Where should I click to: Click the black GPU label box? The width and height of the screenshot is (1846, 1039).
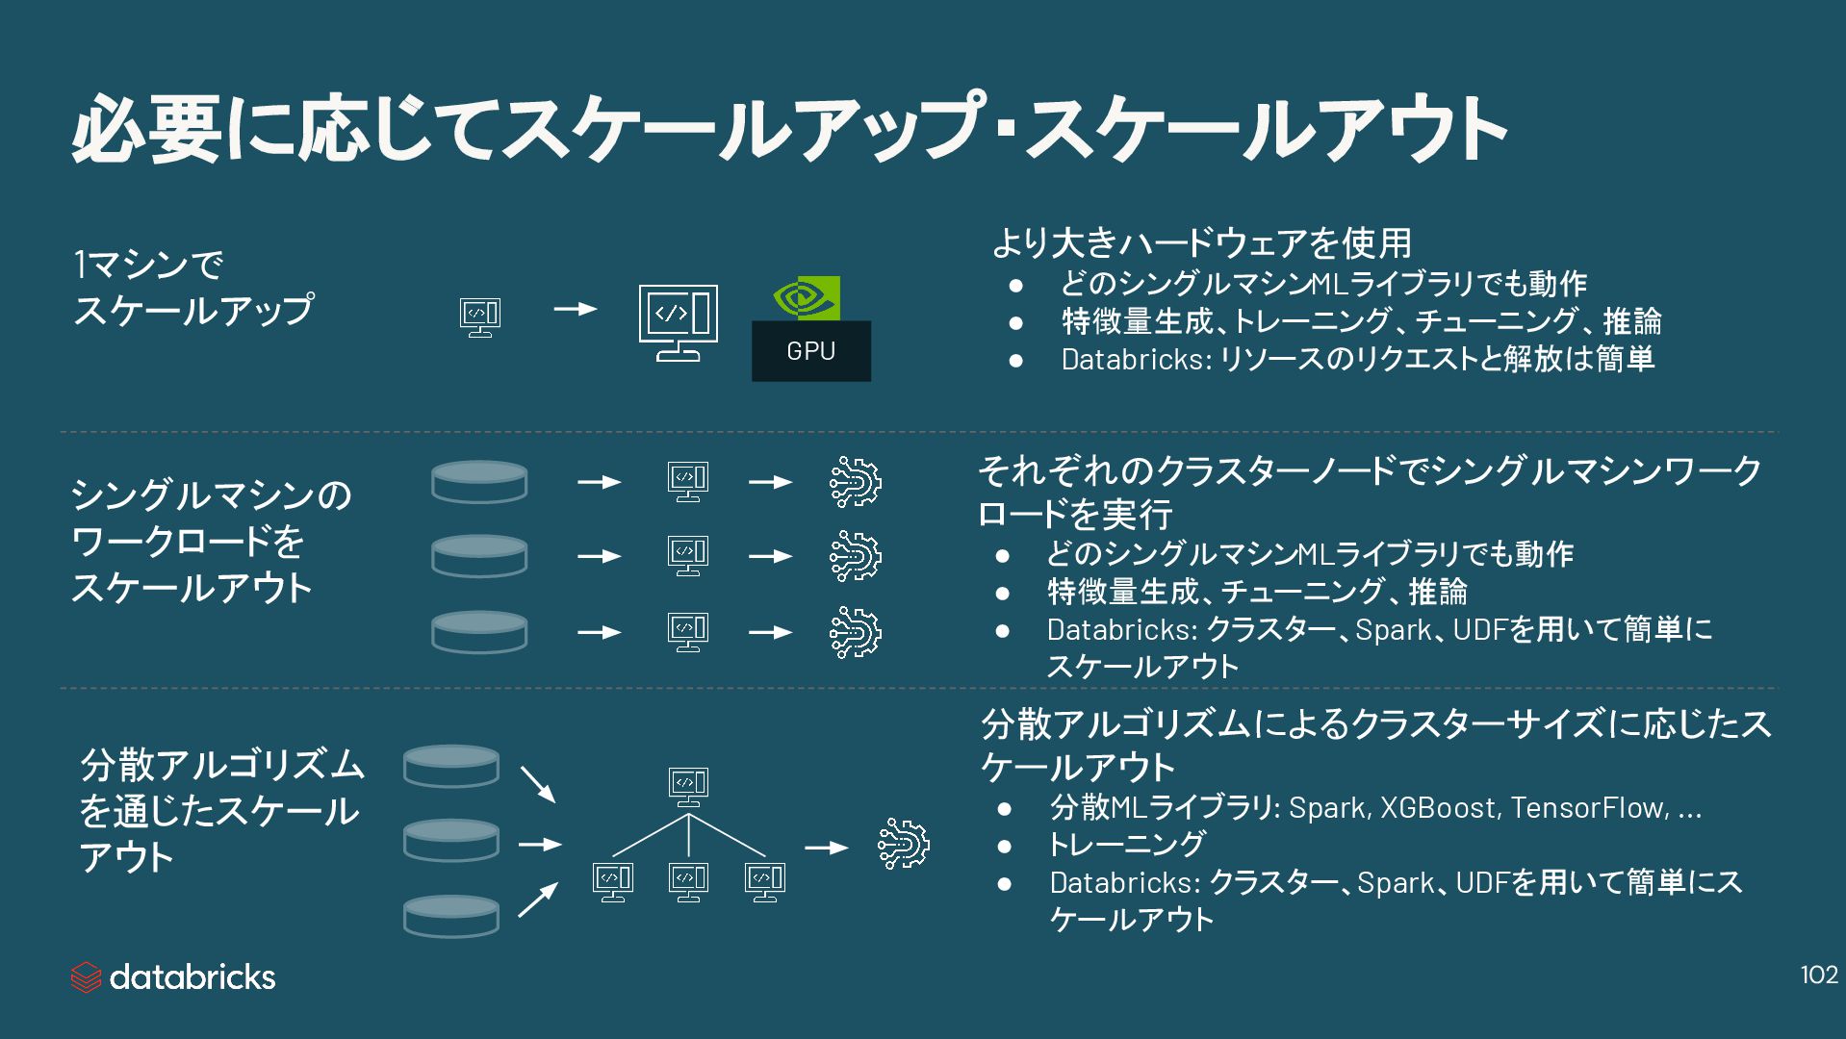(x=810, y=350)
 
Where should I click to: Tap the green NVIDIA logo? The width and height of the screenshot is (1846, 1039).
(x=807, y=298)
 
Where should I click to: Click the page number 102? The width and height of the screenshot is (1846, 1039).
(x=1818, y=976)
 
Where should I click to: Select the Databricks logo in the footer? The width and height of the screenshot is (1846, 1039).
(x=173, y=977)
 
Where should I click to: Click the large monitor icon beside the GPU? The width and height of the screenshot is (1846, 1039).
(x=678, y=322)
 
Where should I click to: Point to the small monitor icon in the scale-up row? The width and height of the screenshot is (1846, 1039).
(x=479, y=316)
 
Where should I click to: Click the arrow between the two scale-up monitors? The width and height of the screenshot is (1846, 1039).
(x=576, y=310)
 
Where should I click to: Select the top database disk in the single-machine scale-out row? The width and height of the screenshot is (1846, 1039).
(x=479, y=481)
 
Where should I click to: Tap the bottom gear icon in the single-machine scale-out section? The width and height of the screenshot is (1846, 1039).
(x=855, y=632)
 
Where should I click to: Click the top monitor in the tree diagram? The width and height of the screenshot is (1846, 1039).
(x=688, y=785)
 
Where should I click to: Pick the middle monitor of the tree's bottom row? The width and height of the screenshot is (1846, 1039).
(x=688, y=881)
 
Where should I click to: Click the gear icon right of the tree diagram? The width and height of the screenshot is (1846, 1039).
(x=903, y=845)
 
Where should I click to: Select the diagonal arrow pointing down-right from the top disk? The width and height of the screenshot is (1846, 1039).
(x=538, y=784)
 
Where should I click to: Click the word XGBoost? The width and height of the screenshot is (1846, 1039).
(x=1440, y=807)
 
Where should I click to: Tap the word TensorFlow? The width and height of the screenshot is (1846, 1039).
(x=1588, y=807)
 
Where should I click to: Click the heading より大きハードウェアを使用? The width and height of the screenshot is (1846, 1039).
(x=1201, y=242)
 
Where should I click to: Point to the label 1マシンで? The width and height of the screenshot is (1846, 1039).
(x=148, y=265)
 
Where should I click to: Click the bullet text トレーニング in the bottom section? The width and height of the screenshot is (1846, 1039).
(x=1126, y=844)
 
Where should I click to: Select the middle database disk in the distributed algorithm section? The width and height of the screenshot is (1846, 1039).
(x=450, y=840)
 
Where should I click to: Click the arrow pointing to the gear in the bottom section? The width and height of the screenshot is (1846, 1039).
(x=826, y=848)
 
